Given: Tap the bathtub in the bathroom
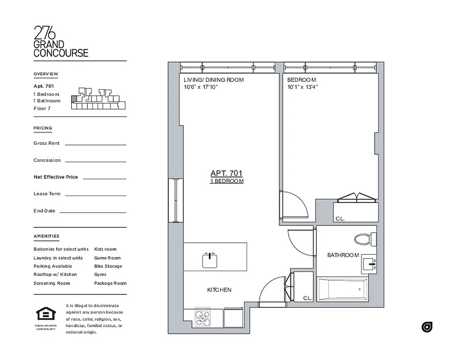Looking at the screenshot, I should [x=342, y=289].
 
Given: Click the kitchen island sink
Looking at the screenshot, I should [x=210, y=260].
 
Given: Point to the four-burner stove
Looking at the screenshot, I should [x=203, y=318].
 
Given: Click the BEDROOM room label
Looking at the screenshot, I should [x=302, y=80].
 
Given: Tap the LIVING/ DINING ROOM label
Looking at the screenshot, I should [x=213, y=80].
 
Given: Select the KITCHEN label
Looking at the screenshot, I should [x=219, y=290].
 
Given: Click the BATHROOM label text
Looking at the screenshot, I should [x=343, y=255].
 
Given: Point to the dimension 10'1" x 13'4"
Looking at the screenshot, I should [x=303, y=87].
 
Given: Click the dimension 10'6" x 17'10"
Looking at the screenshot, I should [x=201, y=87].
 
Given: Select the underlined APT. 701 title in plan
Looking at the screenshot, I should [x=226, y=173].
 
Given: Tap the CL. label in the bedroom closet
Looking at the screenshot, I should [x=340, y=219].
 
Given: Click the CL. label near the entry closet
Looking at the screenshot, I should [x=308, y=298].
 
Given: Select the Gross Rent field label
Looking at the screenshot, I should [x=46, y=143].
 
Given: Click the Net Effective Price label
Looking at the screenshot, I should [x=55, y=177].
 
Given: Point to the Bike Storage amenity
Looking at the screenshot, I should [x=108, y=266].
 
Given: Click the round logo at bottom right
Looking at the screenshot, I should [x=427, y=327].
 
